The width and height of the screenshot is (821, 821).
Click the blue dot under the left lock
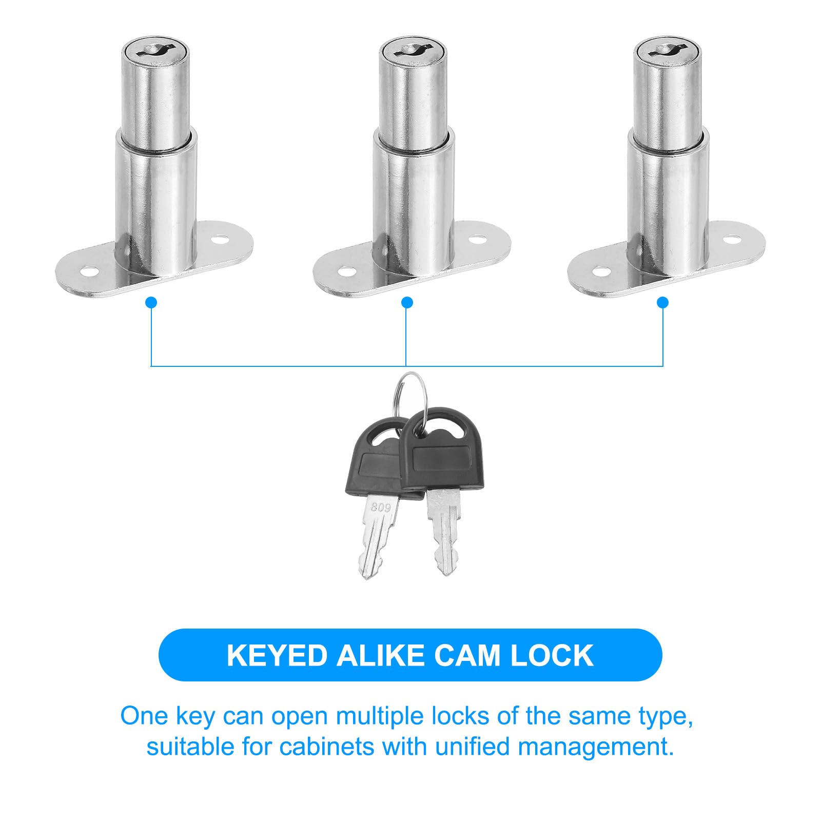151,303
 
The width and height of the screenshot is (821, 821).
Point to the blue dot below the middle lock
407,303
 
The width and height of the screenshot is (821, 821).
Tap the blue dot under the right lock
662,303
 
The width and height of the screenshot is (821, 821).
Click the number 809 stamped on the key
381,507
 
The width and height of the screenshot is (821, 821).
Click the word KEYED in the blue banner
277,655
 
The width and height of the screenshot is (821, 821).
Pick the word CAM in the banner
467,655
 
